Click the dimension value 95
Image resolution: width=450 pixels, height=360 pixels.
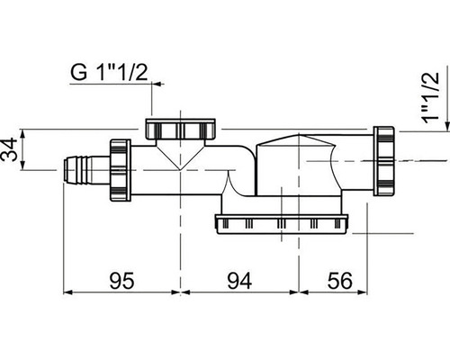point(121,281)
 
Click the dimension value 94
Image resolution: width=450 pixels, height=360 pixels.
point(239,281)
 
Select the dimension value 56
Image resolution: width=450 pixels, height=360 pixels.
point(339,281)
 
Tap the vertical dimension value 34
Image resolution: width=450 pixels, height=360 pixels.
point(9,149)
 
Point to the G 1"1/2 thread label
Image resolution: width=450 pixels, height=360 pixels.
point(109,72)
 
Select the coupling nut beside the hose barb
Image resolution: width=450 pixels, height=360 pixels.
point(121,170)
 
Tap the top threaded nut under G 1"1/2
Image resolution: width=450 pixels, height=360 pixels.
point(180,129)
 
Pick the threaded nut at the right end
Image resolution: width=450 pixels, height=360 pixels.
point(384,161)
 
